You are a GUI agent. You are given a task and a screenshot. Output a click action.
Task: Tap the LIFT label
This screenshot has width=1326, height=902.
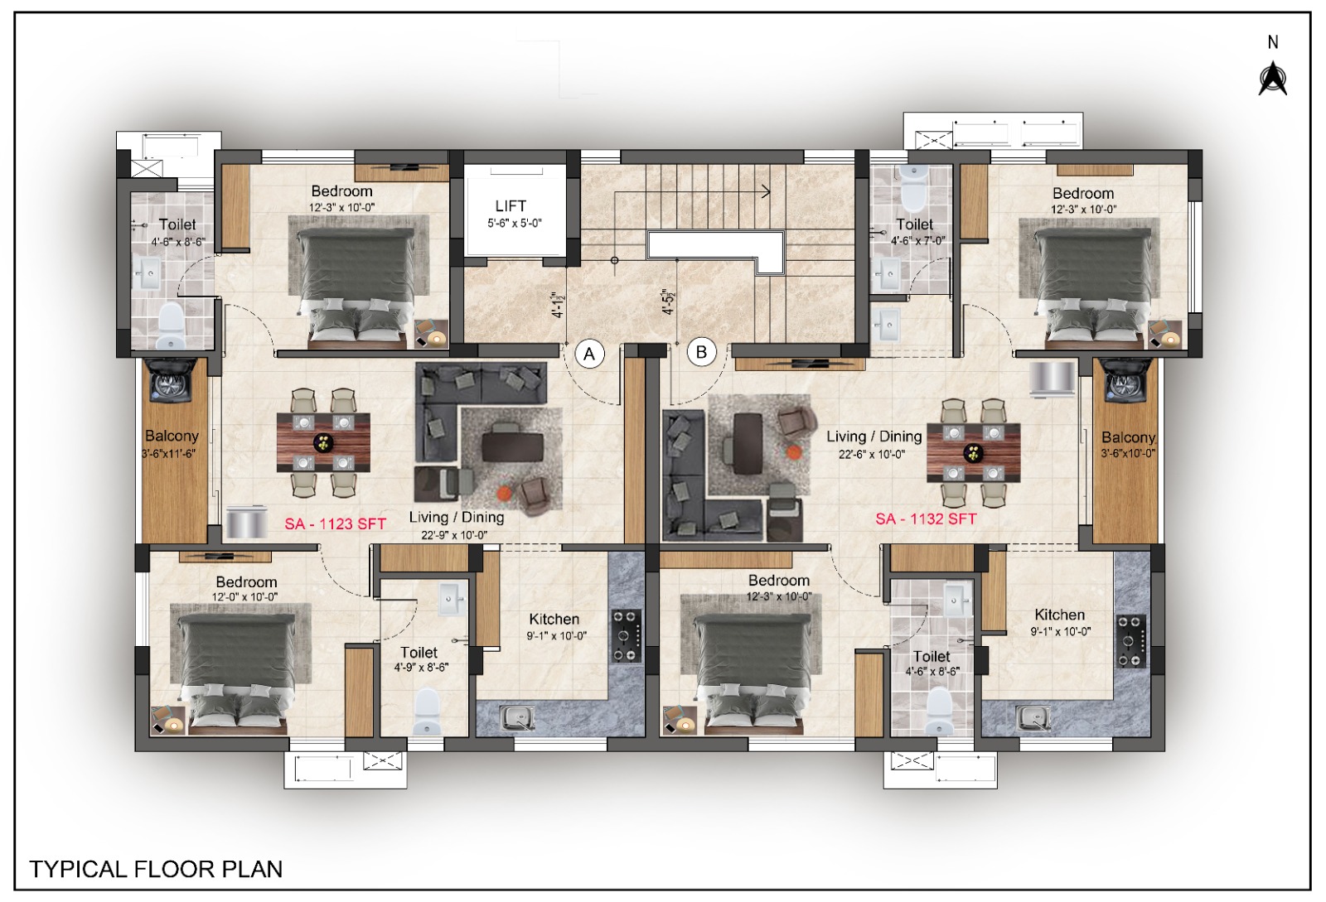(511, 206)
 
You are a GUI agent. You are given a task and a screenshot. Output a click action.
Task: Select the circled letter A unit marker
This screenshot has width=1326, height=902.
(589, 354)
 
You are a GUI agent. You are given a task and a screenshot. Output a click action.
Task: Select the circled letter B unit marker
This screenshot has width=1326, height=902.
(701, 353)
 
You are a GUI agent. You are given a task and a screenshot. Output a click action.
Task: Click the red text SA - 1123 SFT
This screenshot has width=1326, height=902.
(335, 523)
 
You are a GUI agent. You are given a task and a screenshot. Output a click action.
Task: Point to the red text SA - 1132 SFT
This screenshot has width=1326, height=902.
(926, 519)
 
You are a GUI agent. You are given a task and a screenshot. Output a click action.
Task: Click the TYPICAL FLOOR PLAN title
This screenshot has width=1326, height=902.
(157, 869)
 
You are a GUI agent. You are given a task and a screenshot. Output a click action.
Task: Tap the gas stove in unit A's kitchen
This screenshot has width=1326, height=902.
(627, 636)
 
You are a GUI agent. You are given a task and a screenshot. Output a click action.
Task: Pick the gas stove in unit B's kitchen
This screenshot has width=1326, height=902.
(1130, 641)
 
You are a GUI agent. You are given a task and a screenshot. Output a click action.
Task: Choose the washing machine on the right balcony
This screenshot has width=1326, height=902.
(1125, 379)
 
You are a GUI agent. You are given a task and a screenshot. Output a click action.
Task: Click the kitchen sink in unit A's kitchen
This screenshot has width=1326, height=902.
(517, 718)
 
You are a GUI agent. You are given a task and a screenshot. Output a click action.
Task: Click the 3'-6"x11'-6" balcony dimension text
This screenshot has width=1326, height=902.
(169, 454)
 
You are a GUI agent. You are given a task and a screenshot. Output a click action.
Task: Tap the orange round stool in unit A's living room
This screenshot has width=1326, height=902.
(504, 492)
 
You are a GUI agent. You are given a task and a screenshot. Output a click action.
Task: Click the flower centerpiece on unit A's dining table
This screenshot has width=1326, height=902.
(323, 441)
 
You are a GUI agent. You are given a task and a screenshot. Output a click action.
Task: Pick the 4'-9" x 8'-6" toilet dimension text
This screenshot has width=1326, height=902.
(422, 668)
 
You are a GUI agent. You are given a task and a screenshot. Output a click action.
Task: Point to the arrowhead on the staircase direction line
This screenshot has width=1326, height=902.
(767, 191)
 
